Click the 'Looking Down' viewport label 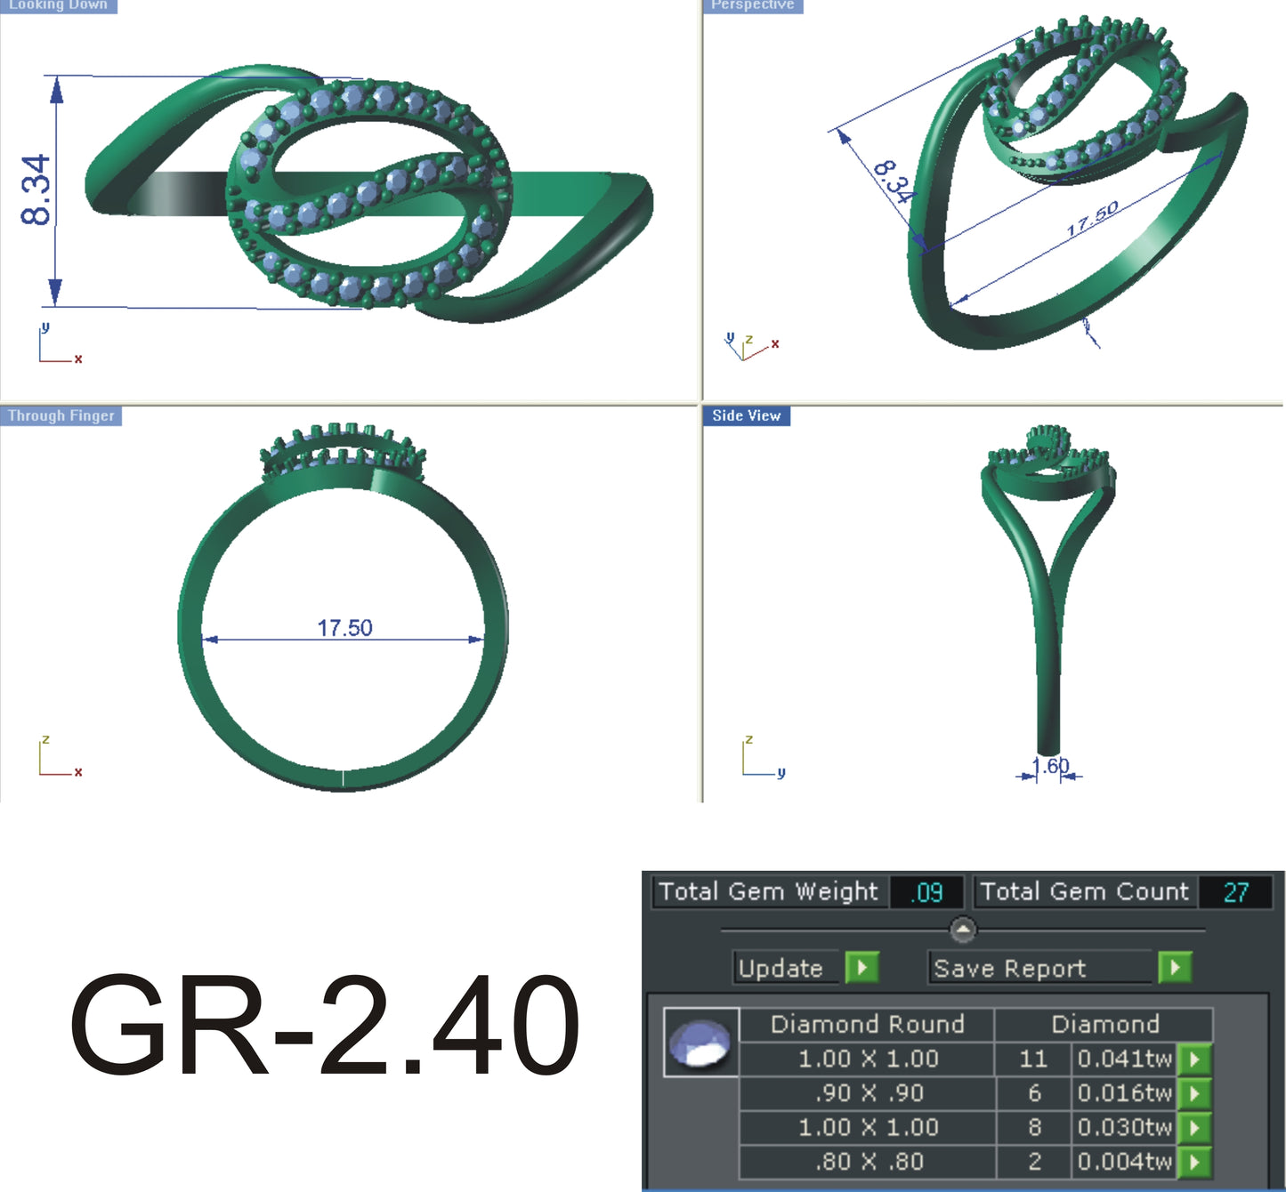58,5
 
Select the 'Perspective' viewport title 752,5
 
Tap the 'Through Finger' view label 61,415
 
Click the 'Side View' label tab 746,415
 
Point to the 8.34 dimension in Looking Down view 36,189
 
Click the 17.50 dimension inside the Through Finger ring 344,628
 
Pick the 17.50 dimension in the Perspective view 1092,219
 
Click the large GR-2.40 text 325,1025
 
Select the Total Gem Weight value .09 926,892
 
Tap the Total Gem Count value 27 1235,892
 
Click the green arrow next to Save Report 1175,967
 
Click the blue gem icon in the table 700,1043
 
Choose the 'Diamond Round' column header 867,1024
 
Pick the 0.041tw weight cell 1124,1059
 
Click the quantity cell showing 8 1034,1127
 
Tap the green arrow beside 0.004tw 1194,1162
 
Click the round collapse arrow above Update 963,930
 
